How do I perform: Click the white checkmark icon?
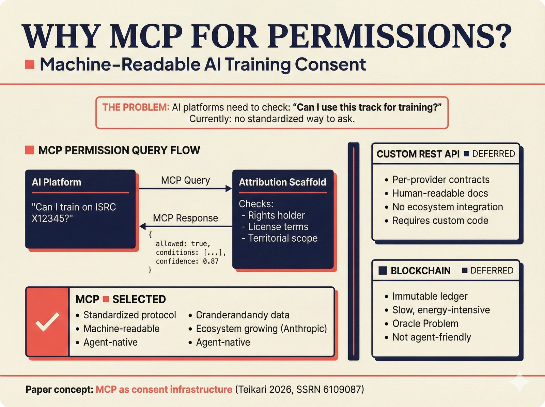pos(47,322)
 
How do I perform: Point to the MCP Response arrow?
pos(186,226)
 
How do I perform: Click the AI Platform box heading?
pos(57,182)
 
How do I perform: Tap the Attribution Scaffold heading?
pos(282,182)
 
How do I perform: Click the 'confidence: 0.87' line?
pos(187,261)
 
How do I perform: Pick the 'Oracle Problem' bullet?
pos(425,323)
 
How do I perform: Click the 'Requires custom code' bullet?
pos(440,221)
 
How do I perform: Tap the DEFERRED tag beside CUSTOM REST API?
pos(493,154)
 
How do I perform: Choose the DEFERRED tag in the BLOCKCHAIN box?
pos(491,271)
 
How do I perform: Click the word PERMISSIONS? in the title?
pos(389,36)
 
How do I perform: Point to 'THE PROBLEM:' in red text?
pos(136,107)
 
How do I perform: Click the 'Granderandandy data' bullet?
pos(243,315)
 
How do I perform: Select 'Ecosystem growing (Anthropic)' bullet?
pos(261,329)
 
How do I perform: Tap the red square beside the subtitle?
pos(30,64)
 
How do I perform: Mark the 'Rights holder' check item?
pos(276,215)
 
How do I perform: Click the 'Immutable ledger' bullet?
pos(430,296)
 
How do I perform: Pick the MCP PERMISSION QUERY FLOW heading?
pos(119,150)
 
